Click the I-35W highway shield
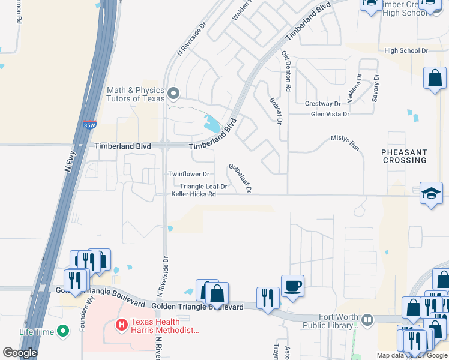point(89,125)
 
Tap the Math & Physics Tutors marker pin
point(174,93)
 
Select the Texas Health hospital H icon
point(122,325)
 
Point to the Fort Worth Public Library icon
point(367,319)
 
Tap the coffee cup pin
point(292,286)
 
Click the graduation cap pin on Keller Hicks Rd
point(430,193)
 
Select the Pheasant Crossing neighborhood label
point(404,156)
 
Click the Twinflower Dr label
point(188,174)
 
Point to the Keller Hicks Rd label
point(193,194)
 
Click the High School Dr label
point(406,51)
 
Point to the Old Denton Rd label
point(286,71)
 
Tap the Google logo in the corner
point(20,353)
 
